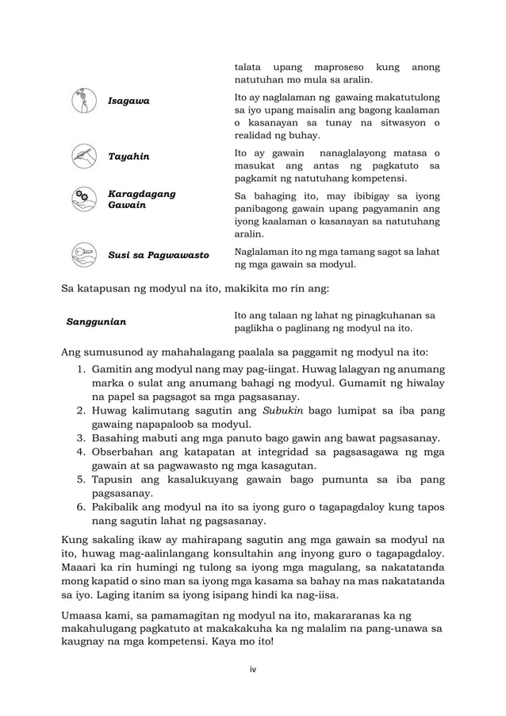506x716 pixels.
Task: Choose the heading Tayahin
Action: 128,156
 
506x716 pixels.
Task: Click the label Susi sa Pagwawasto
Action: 158,256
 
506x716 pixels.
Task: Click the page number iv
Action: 253,670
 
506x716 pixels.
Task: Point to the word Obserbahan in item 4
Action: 125,452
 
